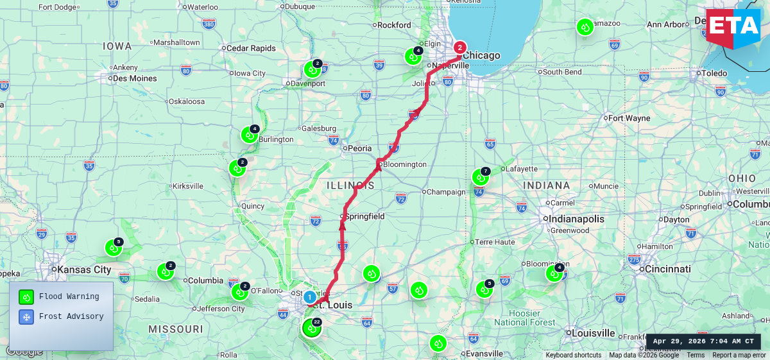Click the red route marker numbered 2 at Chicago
coord(459,47)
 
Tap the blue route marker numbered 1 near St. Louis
coord(309,297)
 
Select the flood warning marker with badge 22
coord(311,328)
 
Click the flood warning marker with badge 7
coord(480,177)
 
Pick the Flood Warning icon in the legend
coord(26,296)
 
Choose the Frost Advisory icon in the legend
coord(26,316)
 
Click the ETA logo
coord(733,26)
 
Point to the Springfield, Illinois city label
coord(364,216)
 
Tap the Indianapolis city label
coord(576,219)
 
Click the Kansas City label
coord(84,270)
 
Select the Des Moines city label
coord(134,78)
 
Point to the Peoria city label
coord(359,148)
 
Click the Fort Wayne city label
coord(629,118)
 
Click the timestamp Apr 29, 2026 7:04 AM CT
coord(703,341)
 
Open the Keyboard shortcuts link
coord(574,355)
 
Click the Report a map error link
coord(739,355)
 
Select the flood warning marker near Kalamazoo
coord(585,28)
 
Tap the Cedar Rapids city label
coord(251,48)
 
